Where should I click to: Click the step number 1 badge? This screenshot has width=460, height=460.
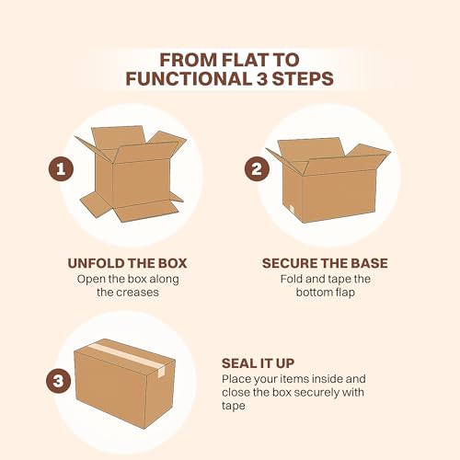pos(60,169)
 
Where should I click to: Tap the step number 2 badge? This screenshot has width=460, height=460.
pos(258,169)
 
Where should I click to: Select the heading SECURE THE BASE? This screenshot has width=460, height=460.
pos(325,263)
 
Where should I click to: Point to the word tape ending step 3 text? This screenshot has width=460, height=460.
pos(234,408)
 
